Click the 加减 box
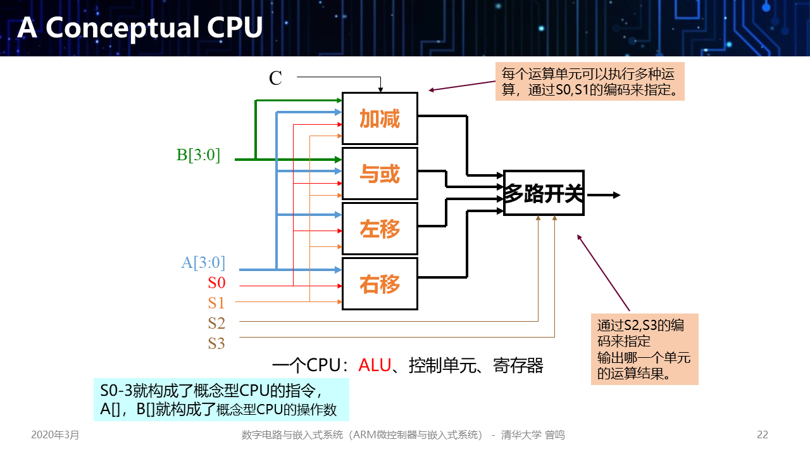380,118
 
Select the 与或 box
380,174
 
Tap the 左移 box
380,229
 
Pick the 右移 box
380,284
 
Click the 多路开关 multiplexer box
544,193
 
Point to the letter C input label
275,78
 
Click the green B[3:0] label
198,155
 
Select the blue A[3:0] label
203,262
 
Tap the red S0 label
216,282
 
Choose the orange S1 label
216,303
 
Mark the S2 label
216,323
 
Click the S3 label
216,343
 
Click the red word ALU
375,365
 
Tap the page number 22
763,435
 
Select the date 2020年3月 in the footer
56,435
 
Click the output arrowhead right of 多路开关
616,194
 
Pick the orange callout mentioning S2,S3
644,349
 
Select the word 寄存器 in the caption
518,365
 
